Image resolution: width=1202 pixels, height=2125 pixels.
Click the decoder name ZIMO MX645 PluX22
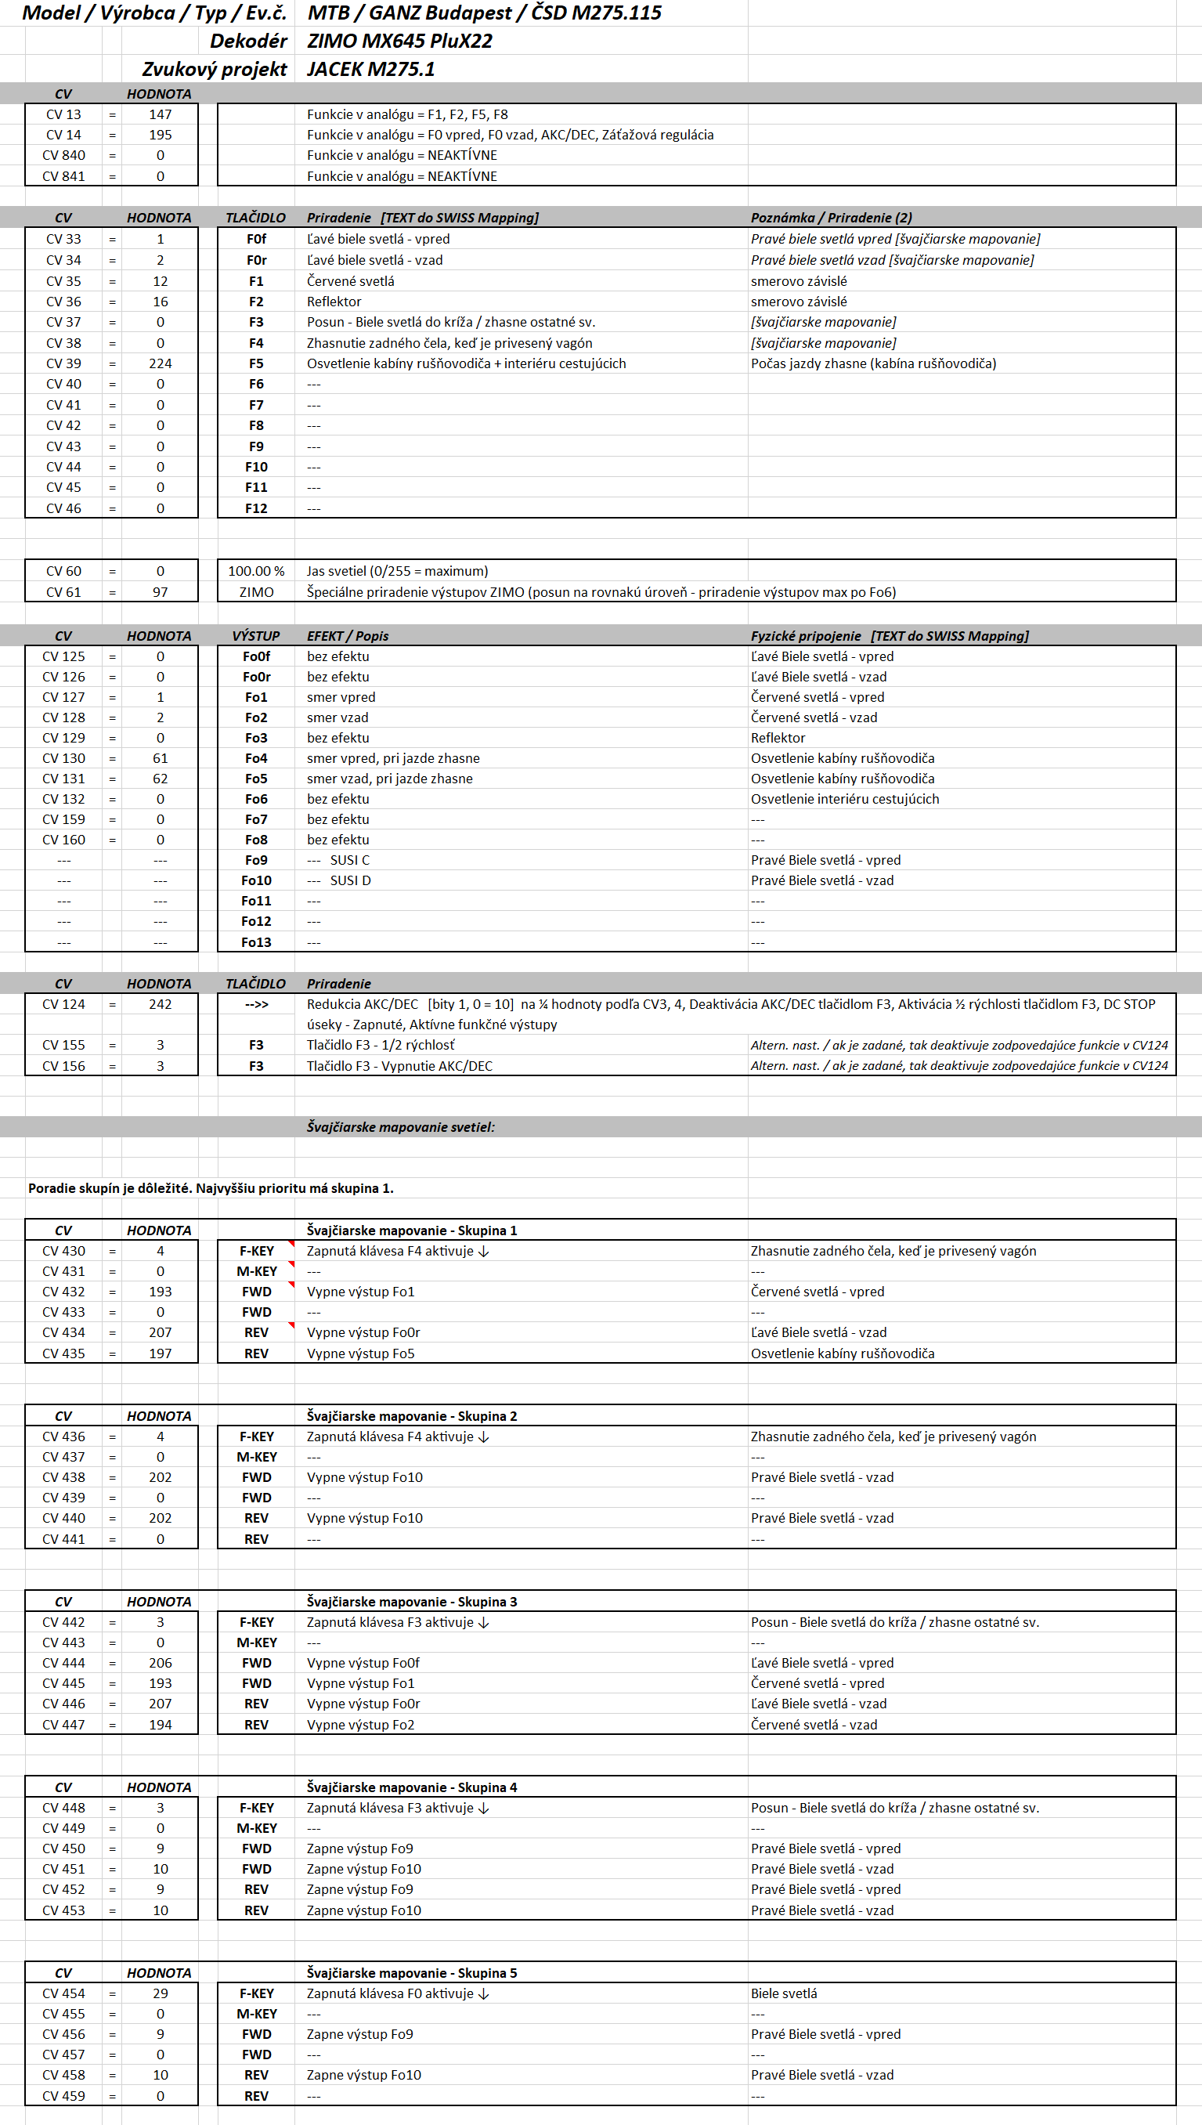(399, 42)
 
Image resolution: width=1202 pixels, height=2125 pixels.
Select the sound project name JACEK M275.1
(370, 70)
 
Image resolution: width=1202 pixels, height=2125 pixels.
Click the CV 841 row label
(63, 176)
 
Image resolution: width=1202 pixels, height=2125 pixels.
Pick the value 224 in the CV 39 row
(161, 363)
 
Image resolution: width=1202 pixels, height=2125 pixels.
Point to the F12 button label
(256, 508)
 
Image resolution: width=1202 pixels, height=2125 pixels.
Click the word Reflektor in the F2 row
(334, 302)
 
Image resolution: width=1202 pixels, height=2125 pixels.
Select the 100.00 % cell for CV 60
(256, 571)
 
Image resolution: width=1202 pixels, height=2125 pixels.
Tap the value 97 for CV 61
(161, 592)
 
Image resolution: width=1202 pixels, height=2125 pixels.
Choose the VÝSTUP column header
(256, 636)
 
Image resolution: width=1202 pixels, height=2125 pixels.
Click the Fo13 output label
(256, 942)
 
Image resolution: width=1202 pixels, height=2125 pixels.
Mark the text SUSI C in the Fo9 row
(350, 860)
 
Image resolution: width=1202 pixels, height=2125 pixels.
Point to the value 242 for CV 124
(161, 1004)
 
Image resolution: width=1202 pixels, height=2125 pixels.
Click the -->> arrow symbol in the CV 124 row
(256, 1004)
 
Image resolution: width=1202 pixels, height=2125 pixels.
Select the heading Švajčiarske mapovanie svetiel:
(400, 1127)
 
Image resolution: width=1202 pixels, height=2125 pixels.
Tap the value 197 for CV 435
(161, 1353)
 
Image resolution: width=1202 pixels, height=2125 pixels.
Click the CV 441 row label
(63, 1539)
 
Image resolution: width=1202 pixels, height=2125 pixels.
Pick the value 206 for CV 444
(161, 1663)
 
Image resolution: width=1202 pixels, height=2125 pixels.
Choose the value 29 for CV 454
(161, 1993)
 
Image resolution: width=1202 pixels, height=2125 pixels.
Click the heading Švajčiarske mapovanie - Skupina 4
(412, 1787)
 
